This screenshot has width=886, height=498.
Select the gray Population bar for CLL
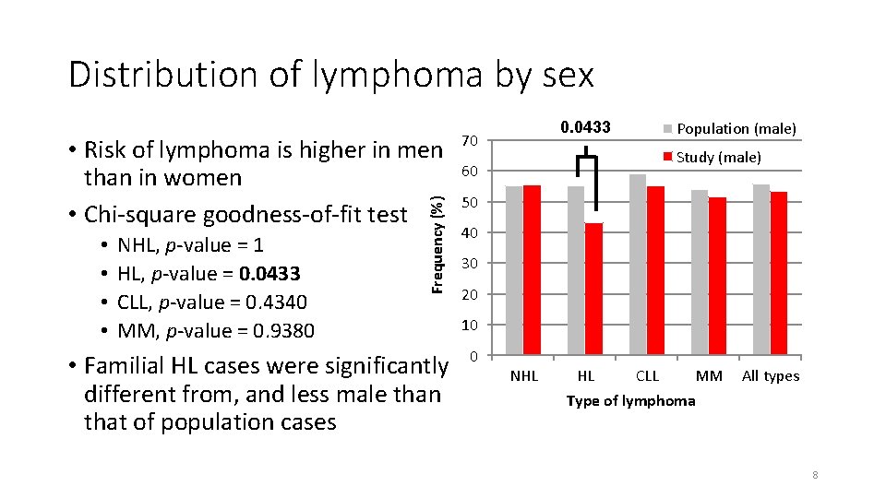point(638,265)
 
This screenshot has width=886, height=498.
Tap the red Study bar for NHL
point(532,270)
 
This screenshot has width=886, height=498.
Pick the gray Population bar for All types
point(761,269)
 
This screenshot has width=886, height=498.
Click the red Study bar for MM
point(717,276)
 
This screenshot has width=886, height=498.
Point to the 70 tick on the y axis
point(469,141)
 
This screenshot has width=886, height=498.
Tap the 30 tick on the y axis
point(469,264)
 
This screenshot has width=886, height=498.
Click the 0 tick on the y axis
point(473,356)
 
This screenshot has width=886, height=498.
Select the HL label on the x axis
point(585,376)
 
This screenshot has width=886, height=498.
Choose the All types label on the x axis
point(771,376)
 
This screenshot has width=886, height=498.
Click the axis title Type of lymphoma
point(630,400)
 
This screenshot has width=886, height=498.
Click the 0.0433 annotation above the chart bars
point(585,127)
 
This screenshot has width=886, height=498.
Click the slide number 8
point(815,476)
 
